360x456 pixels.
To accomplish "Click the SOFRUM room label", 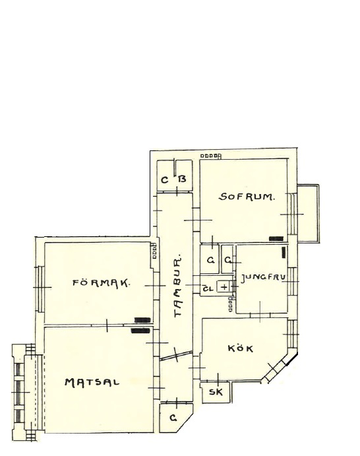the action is point(246,197).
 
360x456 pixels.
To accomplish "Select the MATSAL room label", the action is point(92,382).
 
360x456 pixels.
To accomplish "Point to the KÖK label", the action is point(241,348).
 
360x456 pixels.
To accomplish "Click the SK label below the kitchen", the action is point(216,392).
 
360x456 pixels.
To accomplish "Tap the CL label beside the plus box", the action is point(208,288).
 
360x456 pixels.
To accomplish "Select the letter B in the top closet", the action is point(182,179).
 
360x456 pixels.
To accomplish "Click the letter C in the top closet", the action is point(164,180).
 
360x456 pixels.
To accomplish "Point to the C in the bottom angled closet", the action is point(173,418).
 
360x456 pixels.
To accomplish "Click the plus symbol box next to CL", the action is point(224,287).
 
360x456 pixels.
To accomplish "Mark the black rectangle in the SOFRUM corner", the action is point(276,239).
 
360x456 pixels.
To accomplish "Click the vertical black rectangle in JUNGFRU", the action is point(284,252).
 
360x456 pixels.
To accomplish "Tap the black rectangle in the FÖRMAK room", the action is point(142,320).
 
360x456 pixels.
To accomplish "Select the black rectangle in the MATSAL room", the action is point(140,331).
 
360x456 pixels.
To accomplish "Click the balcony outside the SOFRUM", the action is point(309,213).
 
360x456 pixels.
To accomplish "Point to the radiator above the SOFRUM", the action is point(211,156).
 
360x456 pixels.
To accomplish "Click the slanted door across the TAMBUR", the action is point(176,356).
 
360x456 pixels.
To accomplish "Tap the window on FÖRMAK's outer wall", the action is point(40,288).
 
